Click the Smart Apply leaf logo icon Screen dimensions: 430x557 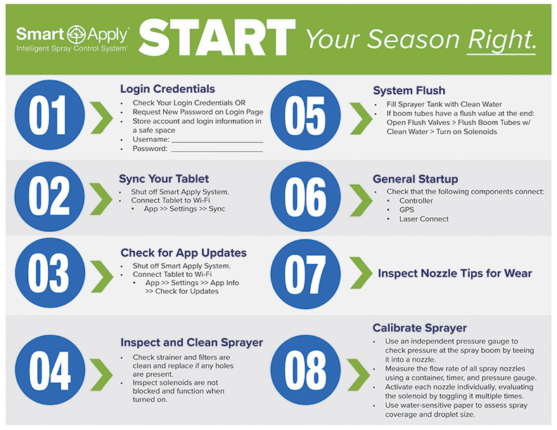(72, 33)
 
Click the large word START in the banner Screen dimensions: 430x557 (217, 37)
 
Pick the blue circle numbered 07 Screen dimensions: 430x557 (305, 274)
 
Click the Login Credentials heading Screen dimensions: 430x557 (167, 89)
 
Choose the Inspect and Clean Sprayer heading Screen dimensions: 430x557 (191, 343)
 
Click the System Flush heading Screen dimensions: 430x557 (409, 91)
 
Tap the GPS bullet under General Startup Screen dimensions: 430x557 (407, 209)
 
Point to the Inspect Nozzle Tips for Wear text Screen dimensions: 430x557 (454, 273)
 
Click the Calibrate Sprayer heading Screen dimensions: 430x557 (419, 328)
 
